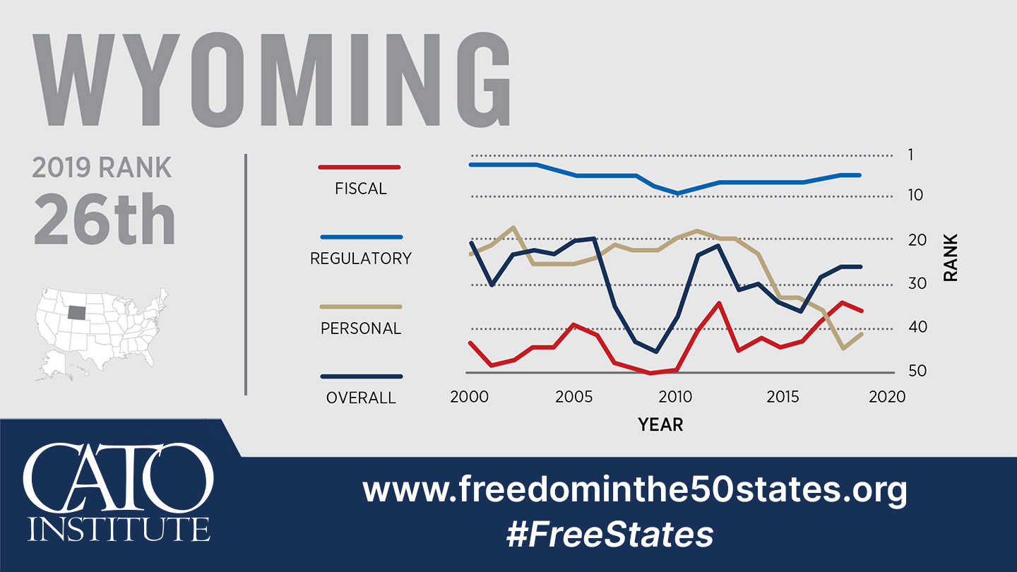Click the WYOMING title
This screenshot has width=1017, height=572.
[272, 78]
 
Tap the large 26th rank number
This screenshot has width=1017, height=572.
[104, 220]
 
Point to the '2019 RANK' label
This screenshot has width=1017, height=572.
[102, 168]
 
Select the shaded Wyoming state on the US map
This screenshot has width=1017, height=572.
[79, 312]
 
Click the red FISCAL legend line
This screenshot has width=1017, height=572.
[360, 167]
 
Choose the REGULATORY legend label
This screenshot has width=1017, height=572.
[360, 258]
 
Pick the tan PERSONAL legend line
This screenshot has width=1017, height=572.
[360, 307]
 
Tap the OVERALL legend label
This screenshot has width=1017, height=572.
[361, 398]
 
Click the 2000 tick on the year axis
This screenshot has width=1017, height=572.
[469, 397]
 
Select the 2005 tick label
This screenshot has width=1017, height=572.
[573, 397]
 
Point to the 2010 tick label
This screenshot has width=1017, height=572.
[677, 397]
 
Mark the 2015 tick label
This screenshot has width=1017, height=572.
[782, 397]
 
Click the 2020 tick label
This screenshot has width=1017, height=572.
[886, 397]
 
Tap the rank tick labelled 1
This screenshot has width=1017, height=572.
[910, 155]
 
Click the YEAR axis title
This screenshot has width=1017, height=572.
[660, 424]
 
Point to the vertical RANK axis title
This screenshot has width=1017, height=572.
[951, 258]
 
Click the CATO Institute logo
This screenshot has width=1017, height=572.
[118, 491]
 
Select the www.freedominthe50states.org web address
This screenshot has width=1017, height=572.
[634, 489]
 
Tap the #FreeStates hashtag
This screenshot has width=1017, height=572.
[609, 535]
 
